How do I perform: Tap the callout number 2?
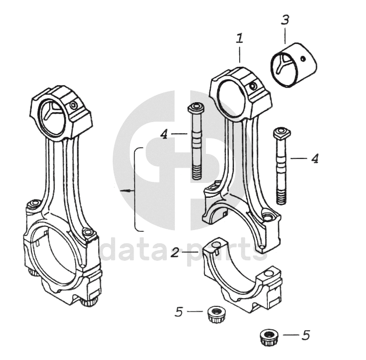(x=174, y=253)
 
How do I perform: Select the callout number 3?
(x=285, y=20)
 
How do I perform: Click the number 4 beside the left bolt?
(x=164, y=134)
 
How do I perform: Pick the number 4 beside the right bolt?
(x=314, y=159)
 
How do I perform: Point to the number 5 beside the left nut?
(x=179, y=312)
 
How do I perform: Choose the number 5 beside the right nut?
(x=305, y=335)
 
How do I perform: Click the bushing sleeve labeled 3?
(x=294, y=66)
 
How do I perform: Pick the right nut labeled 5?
(x=268, y=337)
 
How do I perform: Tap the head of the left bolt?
(x=196, y=106)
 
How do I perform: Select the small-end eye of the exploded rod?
(x=231, y=96)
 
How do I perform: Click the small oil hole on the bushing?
(x=303, y=59)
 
